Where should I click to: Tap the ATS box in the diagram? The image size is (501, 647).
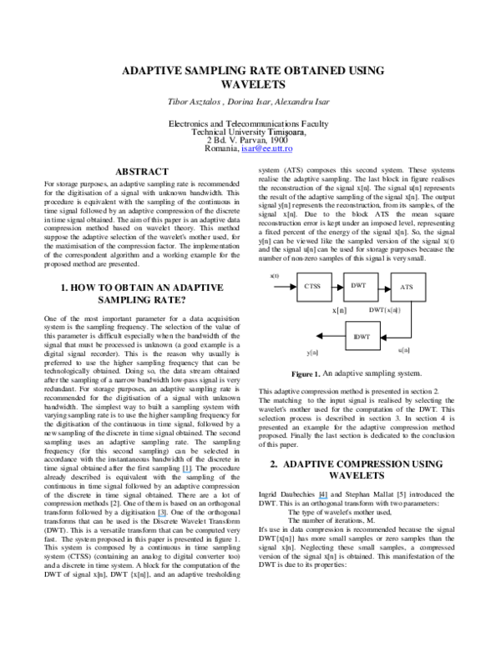(407, 287)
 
